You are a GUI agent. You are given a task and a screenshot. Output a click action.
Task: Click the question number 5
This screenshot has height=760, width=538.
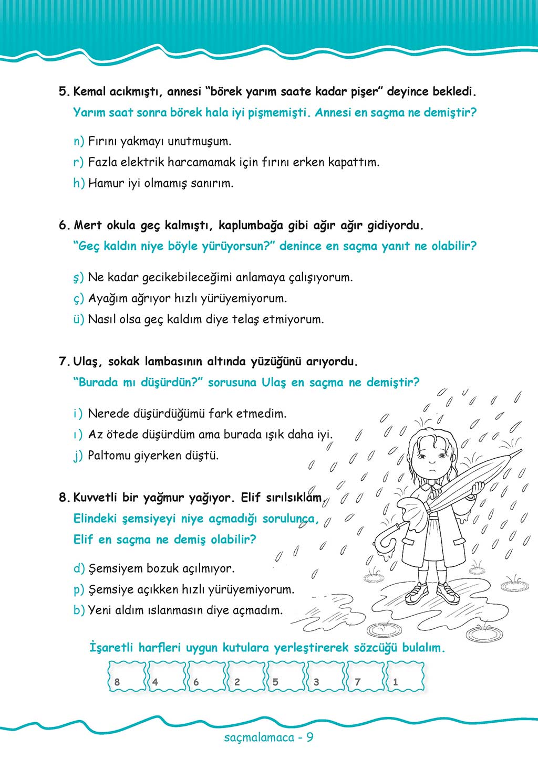tap(64, 91)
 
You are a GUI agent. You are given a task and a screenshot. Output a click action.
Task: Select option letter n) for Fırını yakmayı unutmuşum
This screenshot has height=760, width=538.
tap(78, 141)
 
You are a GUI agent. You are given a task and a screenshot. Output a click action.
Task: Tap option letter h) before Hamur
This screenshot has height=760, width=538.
tap(78, 183)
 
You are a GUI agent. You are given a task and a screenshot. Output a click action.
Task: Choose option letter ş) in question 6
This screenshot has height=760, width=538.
tap(78, 278)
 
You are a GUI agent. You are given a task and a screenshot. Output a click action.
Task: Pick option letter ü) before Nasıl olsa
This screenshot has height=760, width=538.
tap(78, 319)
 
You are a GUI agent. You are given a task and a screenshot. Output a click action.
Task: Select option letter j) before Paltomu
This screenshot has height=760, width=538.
tap(78, 456)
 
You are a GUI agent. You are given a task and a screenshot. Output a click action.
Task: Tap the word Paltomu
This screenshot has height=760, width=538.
tap(109, 456)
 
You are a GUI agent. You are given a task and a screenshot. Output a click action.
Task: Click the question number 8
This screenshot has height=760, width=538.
tap(64, 498)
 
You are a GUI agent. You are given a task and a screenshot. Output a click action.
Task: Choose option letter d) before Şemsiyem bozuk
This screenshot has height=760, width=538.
tap(79, 568)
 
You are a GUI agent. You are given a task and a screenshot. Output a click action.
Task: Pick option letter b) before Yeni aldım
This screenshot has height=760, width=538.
tap(79, 610)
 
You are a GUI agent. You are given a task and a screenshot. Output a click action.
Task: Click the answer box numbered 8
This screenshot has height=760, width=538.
tap(127, 677)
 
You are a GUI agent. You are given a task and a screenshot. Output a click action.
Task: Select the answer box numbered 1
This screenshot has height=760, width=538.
tap(405, 677)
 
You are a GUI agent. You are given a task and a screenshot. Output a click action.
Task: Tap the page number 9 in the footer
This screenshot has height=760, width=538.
tap(310, 737)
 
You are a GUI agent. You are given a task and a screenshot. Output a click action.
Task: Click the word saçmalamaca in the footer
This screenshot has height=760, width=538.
tap(258, 737)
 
